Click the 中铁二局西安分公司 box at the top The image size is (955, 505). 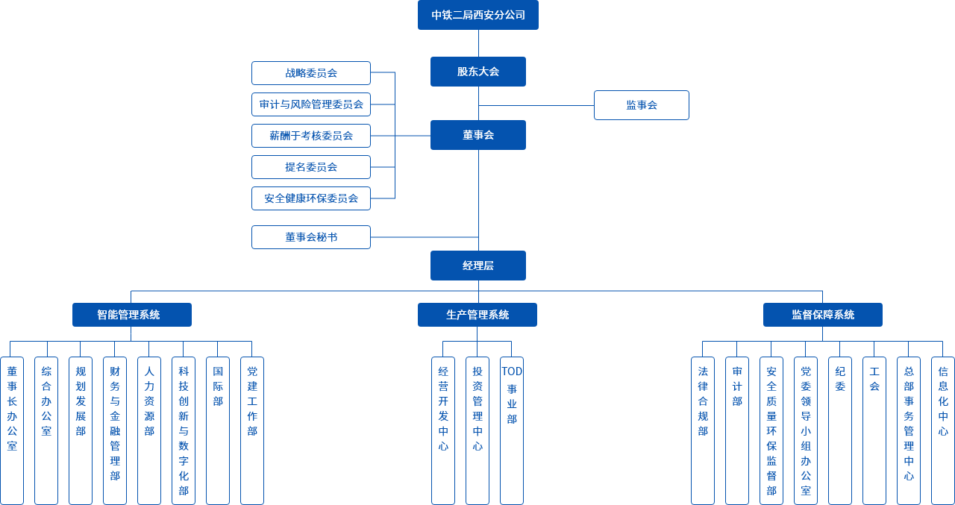click(477, 15)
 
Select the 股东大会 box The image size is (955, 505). click(477, 72)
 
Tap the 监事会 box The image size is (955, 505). click(641, 105)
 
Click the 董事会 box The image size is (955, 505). click(477, 135)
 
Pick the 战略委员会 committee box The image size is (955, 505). click(310, 73)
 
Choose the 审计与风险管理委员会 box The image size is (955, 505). click(310, 104)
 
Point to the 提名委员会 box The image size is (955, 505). click(310, 167)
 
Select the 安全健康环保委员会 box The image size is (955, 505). click(310, 198)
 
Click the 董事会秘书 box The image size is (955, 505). click(310, 237)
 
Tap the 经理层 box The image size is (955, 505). click(477, 266)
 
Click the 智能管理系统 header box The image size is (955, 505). click(131, 315)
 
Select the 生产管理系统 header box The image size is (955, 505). click(477, 315)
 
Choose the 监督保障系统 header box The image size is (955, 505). click(822, 315)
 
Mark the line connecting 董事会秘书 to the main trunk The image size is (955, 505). click(424, 237)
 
